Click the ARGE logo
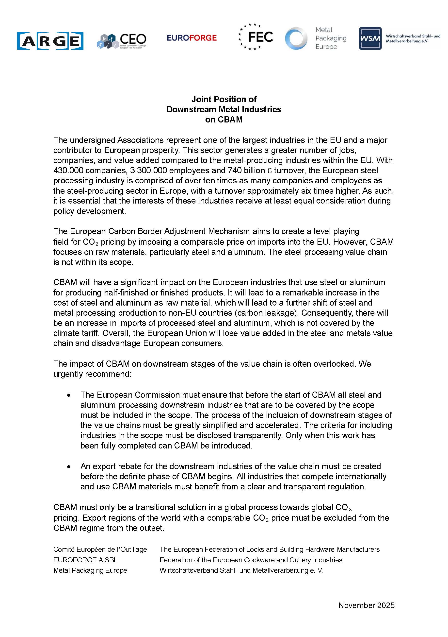50,41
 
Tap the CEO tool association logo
122,41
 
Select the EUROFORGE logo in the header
192,38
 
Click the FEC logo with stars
255,37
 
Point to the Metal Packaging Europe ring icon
296,38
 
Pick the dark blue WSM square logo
370,38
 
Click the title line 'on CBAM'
224,120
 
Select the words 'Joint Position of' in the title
224,99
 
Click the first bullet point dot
69,395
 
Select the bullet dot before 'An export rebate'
69,467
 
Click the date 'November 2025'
366,605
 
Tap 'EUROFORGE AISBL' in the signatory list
85,560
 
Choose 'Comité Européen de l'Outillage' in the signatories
100,549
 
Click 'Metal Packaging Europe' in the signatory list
90,570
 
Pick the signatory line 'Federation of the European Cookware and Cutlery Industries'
251,560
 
